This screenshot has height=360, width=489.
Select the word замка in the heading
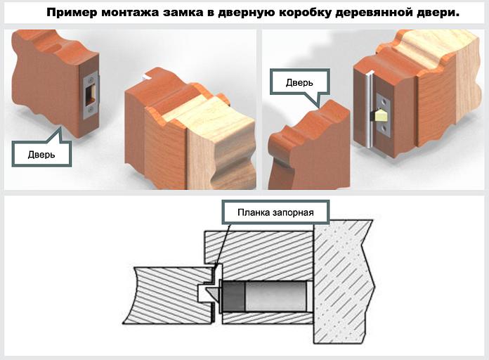[x=170, y=13]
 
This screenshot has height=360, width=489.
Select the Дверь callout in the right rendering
[x=299, y=82]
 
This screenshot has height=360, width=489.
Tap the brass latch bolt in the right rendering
[x=382, y=115]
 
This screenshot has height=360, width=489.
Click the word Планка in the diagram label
[x=254, y=212]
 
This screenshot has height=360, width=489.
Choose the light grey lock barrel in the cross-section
[x=274, y=297]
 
